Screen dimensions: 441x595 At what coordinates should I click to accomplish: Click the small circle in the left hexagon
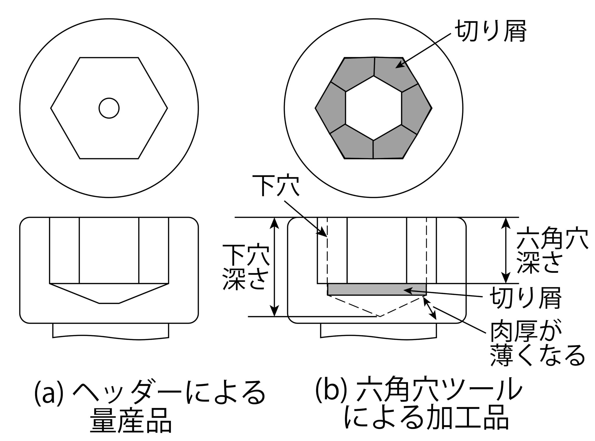(109, 108)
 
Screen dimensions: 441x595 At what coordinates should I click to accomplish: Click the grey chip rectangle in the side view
(377, 290)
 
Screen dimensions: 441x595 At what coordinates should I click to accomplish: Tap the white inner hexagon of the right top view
(374, 108)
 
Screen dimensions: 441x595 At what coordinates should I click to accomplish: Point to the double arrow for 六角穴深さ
(506, 250)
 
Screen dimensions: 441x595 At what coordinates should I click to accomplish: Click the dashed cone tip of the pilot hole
(379, 316)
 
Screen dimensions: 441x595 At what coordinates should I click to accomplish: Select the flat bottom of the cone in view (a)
(109, 303)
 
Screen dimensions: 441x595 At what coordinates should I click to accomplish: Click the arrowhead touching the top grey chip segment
(398, 66)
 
